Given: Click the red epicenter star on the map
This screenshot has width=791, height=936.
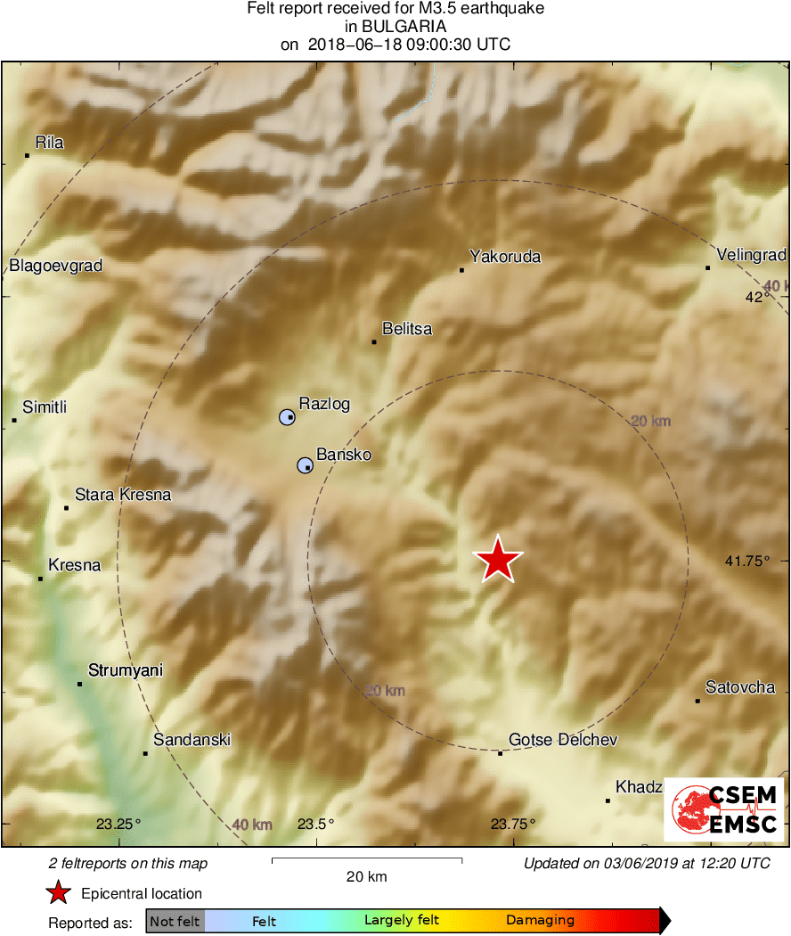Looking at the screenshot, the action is click(498, 560).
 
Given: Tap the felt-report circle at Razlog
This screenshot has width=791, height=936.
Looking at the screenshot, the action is click(287, 417).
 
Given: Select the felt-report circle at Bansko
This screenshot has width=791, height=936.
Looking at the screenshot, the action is click(305, 464).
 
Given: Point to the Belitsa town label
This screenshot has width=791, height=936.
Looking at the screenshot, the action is click(406, 329).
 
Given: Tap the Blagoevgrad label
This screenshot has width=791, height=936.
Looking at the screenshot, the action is click(56, 266).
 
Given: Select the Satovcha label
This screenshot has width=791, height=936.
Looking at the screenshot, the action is click(739, 687).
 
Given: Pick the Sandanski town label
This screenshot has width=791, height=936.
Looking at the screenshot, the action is click(192, 740).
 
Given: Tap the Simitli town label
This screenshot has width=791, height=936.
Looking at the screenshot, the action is click(45, 407).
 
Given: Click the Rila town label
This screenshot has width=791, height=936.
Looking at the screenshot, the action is click(49, 142).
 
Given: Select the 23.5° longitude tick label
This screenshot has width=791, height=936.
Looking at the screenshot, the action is click(315, 824).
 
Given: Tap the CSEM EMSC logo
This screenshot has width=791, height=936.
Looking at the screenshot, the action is click(723, 809).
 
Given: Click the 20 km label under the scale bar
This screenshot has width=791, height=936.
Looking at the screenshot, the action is click(366, 877).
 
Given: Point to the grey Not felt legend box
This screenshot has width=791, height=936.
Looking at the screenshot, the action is click(175, 921).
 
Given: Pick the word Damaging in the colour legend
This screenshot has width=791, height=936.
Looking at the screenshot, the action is click(540, 921).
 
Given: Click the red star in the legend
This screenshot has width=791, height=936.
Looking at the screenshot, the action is click(58, 893).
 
